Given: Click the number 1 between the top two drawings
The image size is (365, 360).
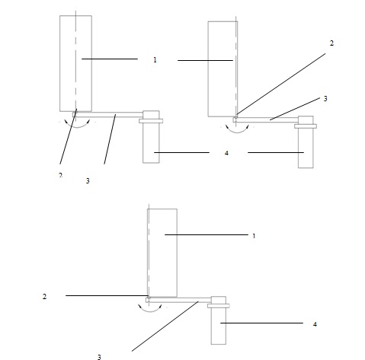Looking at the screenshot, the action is point(155,60).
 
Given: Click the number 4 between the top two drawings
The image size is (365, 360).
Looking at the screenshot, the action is point(226,153).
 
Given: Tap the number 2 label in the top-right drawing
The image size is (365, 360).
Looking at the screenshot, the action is point(331,43).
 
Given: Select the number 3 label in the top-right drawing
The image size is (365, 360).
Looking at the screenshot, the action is point(325,99).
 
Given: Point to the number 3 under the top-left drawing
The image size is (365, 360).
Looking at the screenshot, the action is point(88,180).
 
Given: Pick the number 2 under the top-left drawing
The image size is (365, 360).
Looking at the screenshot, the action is point(60,175).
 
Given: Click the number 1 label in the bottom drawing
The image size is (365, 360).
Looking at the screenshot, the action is point(254,236).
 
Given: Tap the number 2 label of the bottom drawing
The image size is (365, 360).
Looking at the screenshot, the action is point(44,296).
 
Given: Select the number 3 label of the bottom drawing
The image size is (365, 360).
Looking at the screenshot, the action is point(99,357).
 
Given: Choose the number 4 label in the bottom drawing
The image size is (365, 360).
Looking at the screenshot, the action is point(315,324).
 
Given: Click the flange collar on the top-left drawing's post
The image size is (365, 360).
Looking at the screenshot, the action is point(151,121).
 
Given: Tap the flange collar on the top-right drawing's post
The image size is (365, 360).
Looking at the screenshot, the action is point(306,126).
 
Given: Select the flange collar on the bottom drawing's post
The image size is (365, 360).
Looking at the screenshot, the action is point(219,306).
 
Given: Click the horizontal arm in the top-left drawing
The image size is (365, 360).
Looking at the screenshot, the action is point(108,114).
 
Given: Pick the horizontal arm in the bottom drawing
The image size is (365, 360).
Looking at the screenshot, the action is point(179,300).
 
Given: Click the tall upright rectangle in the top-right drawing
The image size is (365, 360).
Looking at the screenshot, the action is point(223,69).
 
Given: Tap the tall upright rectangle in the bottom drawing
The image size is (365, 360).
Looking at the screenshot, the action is point(162,253).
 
